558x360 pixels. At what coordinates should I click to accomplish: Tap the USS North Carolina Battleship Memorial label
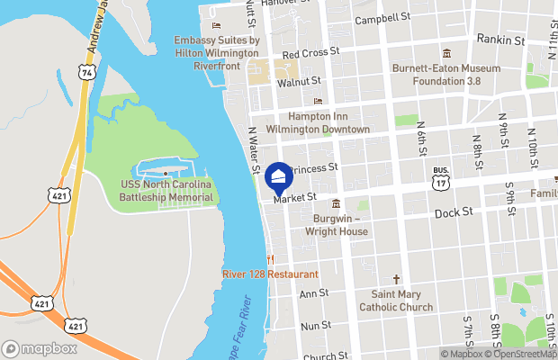click(x=167, y=191)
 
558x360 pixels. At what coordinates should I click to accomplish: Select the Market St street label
click(x=295, y=197)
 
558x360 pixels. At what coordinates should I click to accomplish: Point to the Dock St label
click(x=453, y=212)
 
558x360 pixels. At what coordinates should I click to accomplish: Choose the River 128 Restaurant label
click(x=270, y=274)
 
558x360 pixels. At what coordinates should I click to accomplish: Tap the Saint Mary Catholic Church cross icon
click(x=395, y=280)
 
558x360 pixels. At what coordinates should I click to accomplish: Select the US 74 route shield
click(x=86, y=70)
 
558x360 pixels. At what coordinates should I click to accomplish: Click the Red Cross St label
click(x=310, y=52)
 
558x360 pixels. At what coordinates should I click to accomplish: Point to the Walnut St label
click(x=299, y=83)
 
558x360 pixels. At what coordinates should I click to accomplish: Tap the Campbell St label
click(x=382, y=18)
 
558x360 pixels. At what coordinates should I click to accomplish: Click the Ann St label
click(x=314, y=293)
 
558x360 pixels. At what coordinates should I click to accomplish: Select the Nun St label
click(x=316, y=325)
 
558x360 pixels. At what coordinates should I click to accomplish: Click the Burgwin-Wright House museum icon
click(x=336, y=203)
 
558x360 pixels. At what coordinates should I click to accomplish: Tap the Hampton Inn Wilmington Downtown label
click(x=329, y=122)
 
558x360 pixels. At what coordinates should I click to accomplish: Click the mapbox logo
click(x=40, y=347)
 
